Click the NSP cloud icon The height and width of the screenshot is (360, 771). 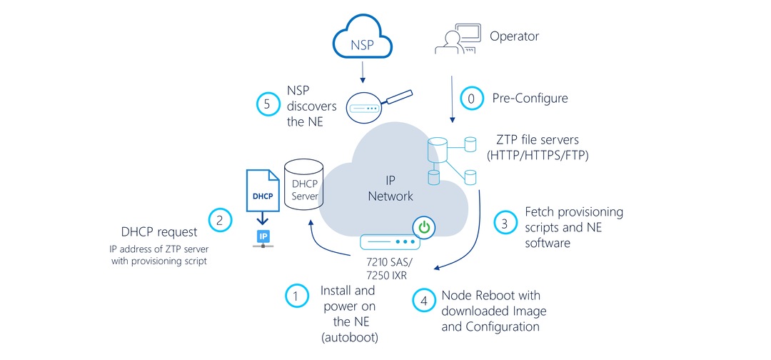362,39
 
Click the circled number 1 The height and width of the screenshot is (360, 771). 296,295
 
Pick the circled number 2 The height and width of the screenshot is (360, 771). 220,219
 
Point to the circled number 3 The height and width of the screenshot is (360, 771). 505,222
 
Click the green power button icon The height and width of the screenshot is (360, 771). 424,229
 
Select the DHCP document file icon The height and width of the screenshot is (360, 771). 263,190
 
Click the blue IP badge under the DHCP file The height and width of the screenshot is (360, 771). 263,235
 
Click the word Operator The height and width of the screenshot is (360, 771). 514,35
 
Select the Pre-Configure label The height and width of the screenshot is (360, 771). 530,97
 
